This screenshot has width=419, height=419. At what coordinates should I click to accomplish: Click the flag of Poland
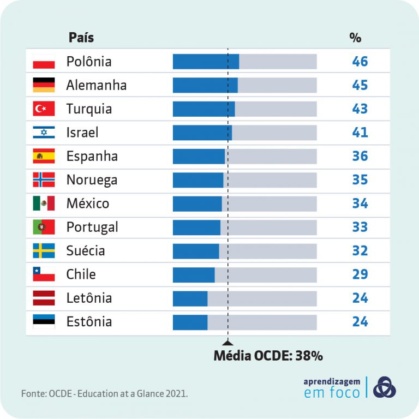tap(44, 62)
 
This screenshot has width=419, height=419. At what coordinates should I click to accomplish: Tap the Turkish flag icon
tap(44, 109)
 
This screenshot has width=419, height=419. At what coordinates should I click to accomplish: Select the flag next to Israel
tap(44, 133)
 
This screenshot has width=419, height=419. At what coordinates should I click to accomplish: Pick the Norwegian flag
tap(44, 180)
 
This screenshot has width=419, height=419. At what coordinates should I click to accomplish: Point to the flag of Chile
tap(44, 274)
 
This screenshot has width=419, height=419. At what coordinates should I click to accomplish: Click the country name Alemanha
tap(96, 85)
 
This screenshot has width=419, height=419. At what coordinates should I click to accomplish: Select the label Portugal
tap(92, 227)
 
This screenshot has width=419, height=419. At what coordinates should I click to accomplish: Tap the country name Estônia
tap(89, 322)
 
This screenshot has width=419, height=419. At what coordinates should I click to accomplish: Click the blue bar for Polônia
tap(206, 62)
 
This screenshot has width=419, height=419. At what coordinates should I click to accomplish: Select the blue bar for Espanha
tap(199, 157)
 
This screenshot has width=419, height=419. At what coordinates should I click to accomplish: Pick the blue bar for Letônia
tap(190, 298)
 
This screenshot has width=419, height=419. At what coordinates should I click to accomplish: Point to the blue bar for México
tap(197, 203)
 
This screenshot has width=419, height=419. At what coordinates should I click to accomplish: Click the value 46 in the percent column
tap(360, 62)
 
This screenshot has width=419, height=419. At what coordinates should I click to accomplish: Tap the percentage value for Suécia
tap(360, 251)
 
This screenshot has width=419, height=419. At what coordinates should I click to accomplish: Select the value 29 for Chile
tap(360, 274)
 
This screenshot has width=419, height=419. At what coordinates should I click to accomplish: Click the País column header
tap(81, 38)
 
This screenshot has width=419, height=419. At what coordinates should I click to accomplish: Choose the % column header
tap(355, 38)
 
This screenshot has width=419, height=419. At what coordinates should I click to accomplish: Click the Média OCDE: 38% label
tap(268, 356)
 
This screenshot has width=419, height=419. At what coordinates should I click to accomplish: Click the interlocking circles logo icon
tap(385, 387)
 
